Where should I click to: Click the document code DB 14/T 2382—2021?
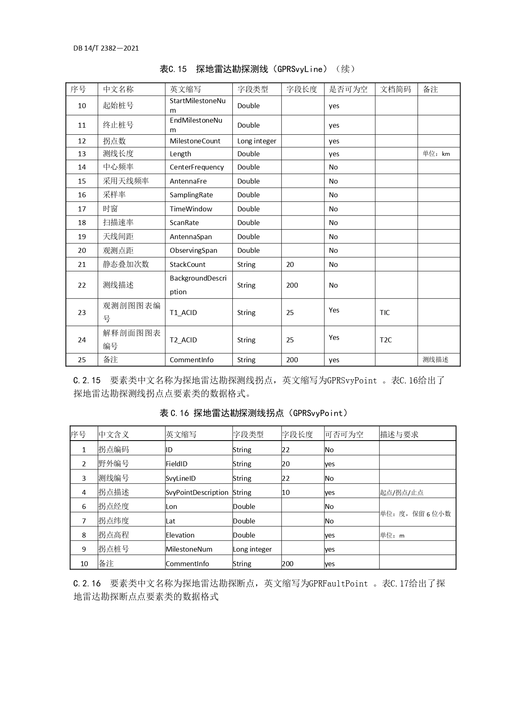[x=106, y=48]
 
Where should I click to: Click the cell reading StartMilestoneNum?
[x=198, y=105]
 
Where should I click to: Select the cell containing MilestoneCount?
[x=195, y=141]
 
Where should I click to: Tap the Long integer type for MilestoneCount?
[x=257, y=141]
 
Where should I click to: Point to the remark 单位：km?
[x=436, y=154]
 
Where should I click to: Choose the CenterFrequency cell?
[x=197, y=167]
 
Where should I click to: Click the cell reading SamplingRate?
[x=191, y=195]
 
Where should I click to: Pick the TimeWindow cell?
[x=191, y=209]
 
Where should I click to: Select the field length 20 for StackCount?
[x=290, y=264]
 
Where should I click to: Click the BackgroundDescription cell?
[x=198, y=285]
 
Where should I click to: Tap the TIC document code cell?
[x=385, y=313]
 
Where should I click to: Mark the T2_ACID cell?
[x=183, y=340]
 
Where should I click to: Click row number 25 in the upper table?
[x=82, y=360]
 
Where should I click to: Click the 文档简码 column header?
[x=396, y=89]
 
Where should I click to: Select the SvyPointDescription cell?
[x=197, y=492]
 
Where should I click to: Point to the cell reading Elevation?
[x=180, y=535]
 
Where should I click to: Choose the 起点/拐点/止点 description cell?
[x=402, y=492]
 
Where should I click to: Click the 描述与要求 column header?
[x=399, y=434]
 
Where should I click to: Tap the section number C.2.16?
[x=87, y=584]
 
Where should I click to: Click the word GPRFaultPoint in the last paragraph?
[x=338, y=584]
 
